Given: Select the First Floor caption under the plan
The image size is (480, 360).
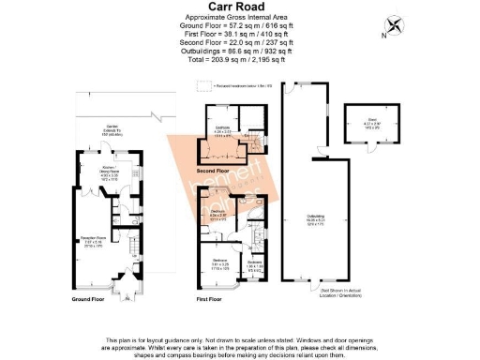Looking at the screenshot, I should coord(213,300).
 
